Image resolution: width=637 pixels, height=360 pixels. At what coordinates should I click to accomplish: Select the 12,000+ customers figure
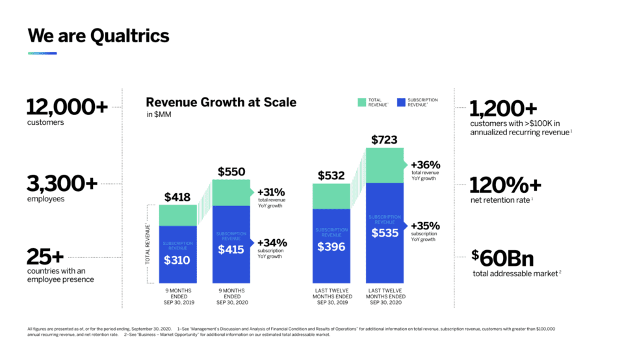click(67, 107)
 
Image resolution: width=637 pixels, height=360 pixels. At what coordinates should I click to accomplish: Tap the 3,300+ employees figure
click(62, 184)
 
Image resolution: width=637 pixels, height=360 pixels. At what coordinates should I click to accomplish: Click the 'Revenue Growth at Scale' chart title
click(220, 102)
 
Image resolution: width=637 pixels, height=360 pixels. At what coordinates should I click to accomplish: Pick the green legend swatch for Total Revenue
click(361, 102)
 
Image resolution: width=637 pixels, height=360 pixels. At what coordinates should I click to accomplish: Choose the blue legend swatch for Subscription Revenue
click(400, 102)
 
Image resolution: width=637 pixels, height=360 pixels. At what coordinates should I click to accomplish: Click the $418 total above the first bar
click(177, 197)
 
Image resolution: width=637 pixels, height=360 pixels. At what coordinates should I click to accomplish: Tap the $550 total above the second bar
click(231, 172)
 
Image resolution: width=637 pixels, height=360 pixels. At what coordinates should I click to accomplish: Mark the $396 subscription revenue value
click(331, 246)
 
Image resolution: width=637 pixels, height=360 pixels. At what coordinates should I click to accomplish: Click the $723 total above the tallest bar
click(384, 140)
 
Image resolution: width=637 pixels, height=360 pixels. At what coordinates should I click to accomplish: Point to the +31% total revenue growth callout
click(272, 192)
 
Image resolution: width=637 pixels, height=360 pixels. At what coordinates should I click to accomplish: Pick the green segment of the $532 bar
click(331, 196)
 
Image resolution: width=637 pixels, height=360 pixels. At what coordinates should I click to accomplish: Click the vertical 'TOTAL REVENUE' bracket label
click(148, 244)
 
